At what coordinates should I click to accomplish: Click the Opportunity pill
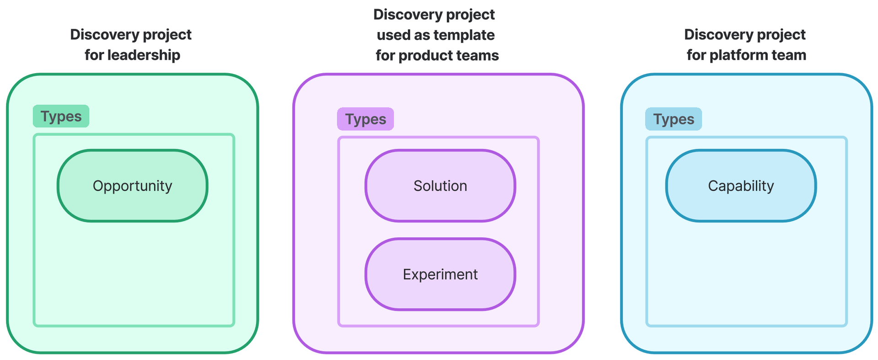click(x=132, y=186)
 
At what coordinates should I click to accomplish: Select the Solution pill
click(x=440, y=186)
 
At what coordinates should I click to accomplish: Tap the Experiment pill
click(x=440, y=274)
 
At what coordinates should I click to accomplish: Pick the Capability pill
click(x=740, y=186)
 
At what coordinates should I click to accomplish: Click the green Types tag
click(x=61, y=116)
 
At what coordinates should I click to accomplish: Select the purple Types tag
click(x=365, y=119)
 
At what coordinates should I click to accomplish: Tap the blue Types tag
click(x=673, y=119)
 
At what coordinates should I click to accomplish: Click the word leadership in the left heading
click(x=144, y=55)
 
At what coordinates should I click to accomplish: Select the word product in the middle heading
click(x=420, y=55)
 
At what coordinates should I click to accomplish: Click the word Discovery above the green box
click(x=98, y=34)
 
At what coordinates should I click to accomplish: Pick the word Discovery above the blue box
click(x=712, y=34)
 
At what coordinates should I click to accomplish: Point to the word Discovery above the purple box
click(x=401, y=14)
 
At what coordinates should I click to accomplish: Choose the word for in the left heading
click(x=94, y=55)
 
